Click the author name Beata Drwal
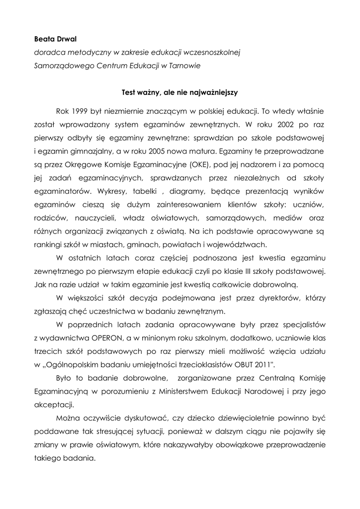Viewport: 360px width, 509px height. point(54,38)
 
